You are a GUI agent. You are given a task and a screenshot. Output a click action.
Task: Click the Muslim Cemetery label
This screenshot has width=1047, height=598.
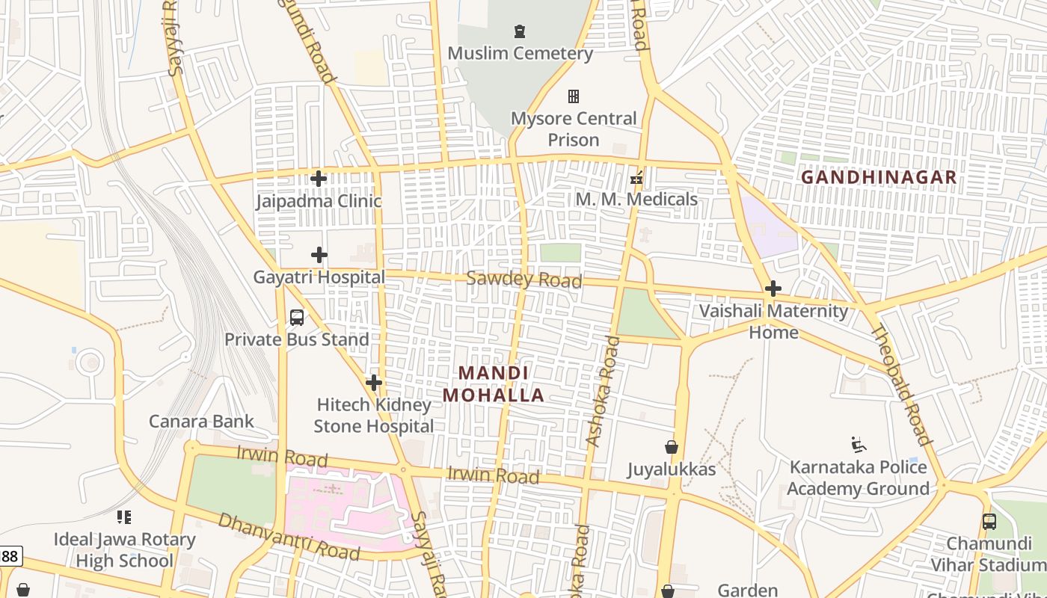coord(520,54)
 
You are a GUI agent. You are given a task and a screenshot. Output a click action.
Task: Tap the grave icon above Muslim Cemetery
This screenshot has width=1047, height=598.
coord(519,31)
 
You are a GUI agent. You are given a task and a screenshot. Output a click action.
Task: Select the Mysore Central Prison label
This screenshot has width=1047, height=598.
coord(574,129)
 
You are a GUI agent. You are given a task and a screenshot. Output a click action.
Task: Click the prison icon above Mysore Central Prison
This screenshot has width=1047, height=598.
coord(574,96)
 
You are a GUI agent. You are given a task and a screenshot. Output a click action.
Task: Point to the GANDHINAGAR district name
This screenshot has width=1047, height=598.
coord(879,177)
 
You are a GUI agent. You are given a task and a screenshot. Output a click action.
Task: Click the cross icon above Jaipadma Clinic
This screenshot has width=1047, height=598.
coord(319,179)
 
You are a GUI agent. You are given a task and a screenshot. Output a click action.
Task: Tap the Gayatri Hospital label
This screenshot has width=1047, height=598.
coord(319,277)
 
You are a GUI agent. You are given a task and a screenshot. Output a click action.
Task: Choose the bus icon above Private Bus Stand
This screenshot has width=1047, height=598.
coord(297,318)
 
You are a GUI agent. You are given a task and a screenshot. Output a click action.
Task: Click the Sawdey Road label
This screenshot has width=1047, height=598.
coord(523,280)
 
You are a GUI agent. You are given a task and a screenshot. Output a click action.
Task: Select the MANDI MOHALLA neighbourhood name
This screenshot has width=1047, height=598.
coord(494,383)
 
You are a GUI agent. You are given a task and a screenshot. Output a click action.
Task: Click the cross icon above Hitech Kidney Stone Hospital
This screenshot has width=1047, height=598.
coord(374,383)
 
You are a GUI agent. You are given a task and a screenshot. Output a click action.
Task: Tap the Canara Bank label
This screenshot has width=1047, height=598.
coord(202,422)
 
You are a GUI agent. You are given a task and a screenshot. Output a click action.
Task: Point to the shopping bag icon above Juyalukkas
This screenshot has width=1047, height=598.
coord(672,447)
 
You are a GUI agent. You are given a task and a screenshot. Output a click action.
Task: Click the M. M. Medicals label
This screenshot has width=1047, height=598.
coord(636,200)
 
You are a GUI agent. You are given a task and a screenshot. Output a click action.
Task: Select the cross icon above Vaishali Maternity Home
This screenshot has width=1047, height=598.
coord(773,289)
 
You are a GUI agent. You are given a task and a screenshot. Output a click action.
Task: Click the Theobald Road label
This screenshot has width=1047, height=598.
coord(902,386)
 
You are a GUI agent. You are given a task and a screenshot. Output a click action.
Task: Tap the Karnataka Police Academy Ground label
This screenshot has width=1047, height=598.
coord(858,478)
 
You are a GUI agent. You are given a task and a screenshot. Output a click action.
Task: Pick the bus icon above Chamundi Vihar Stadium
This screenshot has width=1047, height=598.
coord(989,521)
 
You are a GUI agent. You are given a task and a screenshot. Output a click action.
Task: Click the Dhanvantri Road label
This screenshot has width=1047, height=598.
coord(289,537)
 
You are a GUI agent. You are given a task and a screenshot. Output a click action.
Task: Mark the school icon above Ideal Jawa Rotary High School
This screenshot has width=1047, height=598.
coord(124,517)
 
